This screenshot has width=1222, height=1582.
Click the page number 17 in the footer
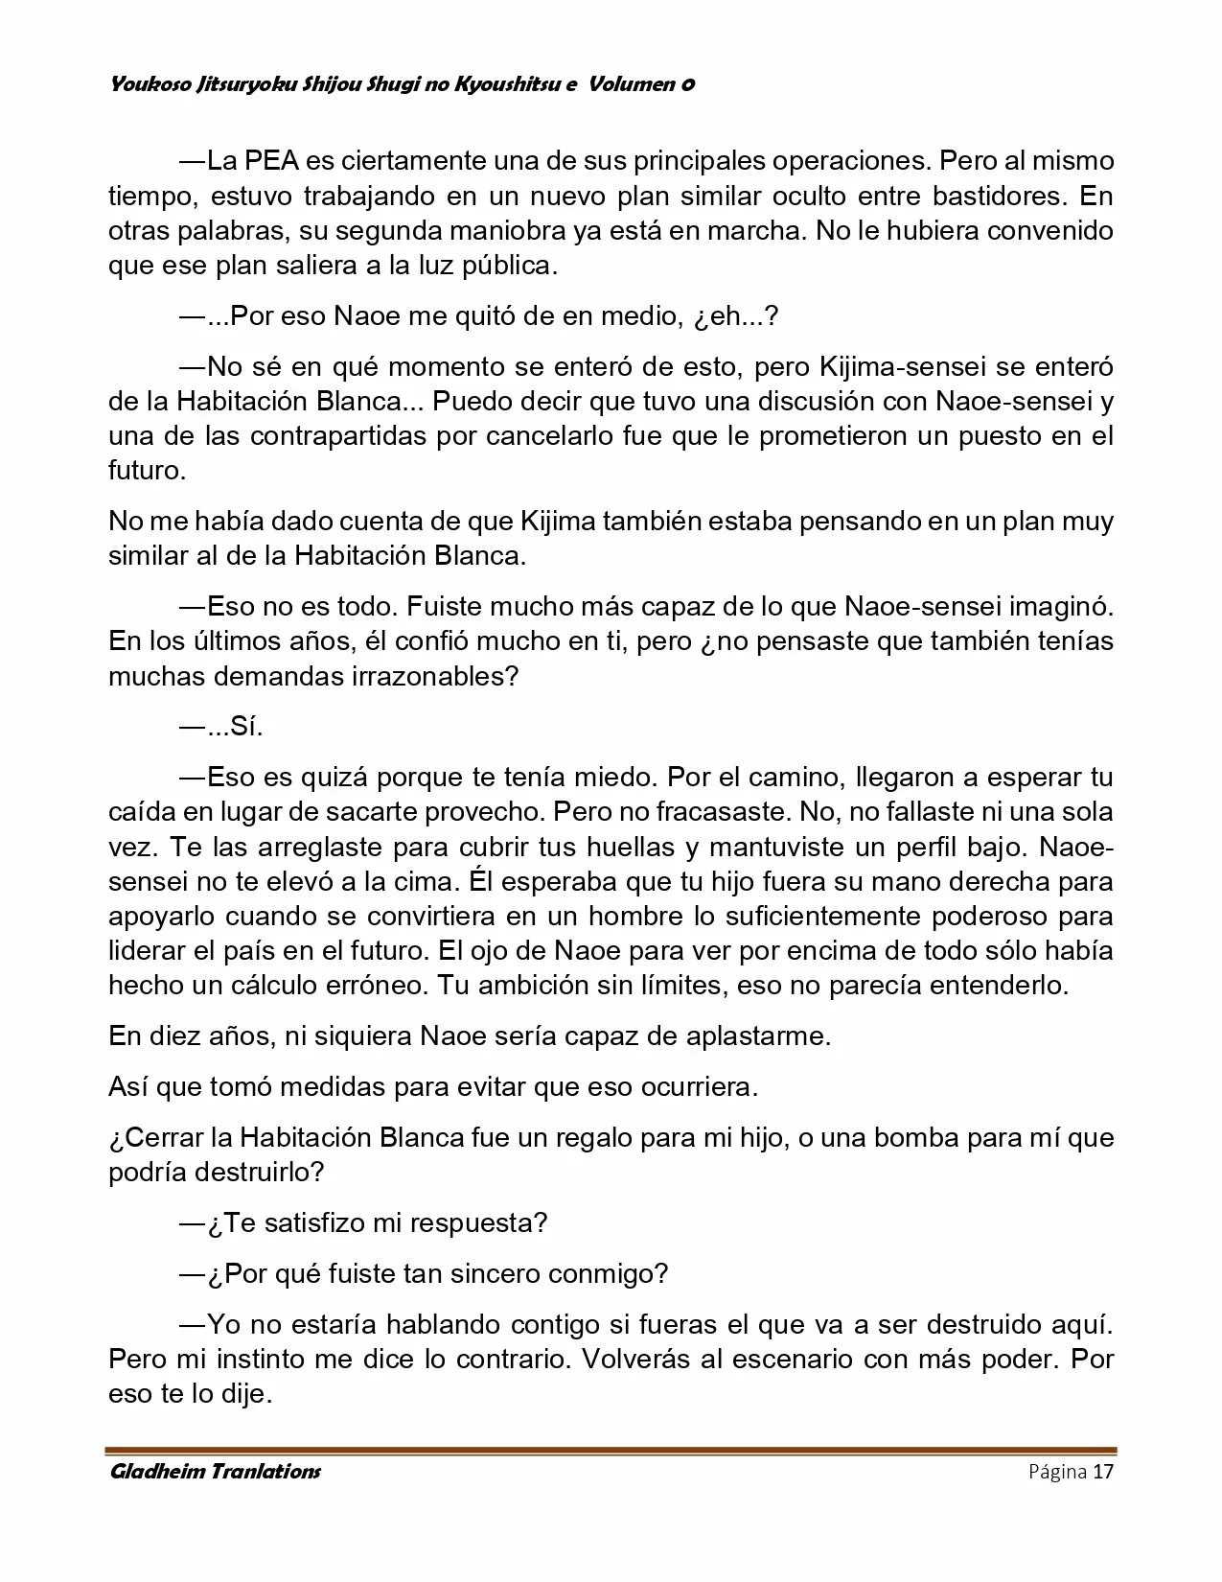click(1102, 1472)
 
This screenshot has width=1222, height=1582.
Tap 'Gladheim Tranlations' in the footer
click(215, 1472)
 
